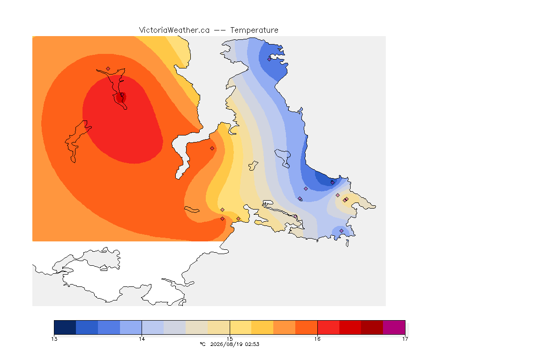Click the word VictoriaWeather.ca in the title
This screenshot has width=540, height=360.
174,30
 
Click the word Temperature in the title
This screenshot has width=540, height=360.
254,30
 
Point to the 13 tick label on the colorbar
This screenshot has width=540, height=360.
54,339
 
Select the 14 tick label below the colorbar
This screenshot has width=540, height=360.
142,339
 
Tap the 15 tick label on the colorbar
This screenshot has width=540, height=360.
230,339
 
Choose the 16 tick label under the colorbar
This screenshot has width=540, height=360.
317,339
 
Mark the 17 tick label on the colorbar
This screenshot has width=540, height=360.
405,339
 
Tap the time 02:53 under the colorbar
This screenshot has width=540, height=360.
252,344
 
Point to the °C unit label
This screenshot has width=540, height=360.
202,344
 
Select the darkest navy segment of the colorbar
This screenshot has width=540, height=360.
65,327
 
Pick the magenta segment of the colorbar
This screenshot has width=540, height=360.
394,327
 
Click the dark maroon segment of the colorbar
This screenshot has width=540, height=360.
372,327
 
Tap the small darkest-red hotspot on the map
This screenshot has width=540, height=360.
120,97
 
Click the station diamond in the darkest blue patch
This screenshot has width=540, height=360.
332,182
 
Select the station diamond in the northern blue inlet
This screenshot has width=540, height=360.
270,59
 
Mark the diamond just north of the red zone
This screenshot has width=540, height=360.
108,69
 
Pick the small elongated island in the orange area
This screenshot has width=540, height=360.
192,210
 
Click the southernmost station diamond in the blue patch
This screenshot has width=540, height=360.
341,231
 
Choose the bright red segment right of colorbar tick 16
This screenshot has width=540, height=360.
328,327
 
